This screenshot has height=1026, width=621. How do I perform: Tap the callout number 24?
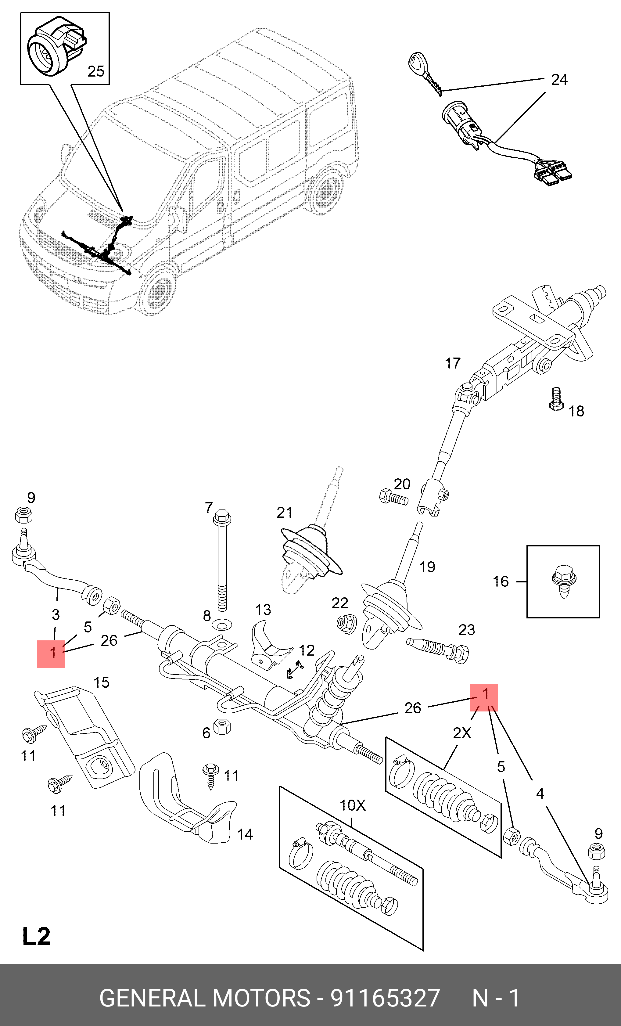coord(559,80)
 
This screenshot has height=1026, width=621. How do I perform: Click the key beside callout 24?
coord(425,72)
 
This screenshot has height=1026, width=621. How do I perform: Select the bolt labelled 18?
coord(556,399)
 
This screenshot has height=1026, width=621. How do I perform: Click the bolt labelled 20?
coord(393,497)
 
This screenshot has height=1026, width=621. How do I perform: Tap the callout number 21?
coord(285,512)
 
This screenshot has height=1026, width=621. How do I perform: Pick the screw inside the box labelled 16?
coord(564,581)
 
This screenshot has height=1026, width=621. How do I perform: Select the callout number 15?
coord(101,682)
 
